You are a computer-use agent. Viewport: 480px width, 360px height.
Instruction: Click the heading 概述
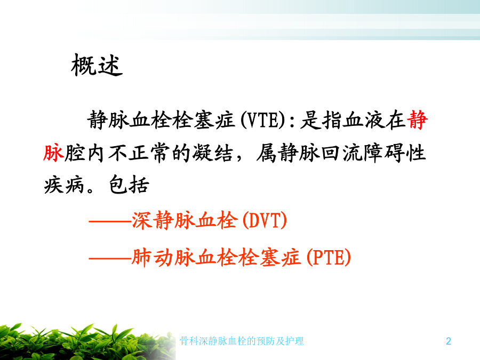97,65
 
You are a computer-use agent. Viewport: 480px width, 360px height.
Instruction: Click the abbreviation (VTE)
263,119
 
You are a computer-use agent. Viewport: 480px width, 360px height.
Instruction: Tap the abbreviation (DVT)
265,220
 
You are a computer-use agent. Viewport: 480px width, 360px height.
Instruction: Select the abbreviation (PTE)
329,257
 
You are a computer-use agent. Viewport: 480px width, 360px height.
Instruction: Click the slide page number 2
449,341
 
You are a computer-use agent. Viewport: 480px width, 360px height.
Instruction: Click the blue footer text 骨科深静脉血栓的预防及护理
242,341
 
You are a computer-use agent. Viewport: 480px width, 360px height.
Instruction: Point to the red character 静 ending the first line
417,119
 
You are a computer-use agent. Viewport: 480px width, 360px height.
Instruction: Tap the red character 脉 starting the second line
53,153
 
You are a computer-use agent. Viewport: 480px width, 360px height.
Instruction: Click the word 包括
129,185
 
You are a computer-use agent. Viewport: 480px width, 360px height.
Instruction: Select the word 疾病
64,185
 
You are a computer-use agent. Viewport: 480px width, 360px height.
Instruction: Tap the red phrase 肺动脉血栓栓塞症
217,257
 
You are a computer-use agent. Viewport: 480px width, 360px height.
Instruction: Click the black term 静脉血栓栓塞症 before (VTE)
161,119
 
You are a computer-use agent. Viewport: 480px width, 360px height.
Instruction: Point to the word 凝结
212,153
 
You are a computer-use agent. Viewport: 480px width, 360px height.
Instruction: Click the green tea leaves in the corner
86,342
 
